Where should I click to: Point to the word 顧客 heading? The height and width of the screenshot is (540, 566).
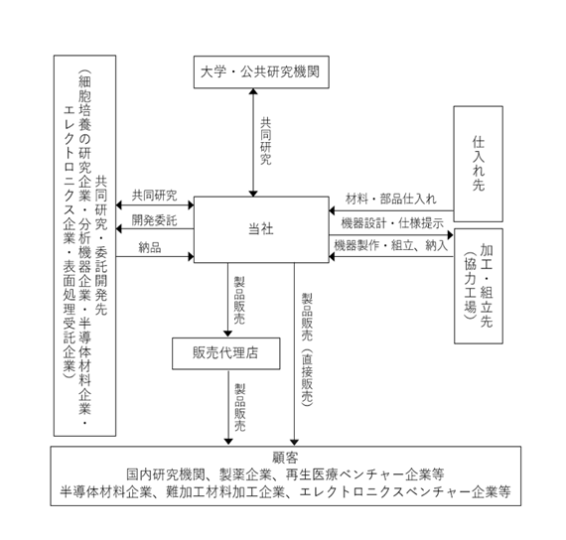pyautogui.click(x=285, y=458)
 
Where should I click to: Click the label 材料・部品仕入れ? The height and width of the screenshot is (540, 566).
pyautogui.click(x=391, y=199)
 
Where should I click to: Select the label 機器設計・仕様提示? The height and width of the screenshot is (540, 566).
pyautogui.click(x=392, y=223)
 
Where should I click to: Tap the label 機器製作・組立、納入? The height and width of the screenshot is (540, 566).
pyautogui.click(x=391, y=245)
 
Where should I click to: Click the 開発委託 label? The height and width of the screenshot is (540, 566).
pyautogui.click(x=154, y=220)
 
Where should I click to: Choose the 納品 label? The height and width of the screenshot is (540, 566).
pyautogui.click(x=150, y=247)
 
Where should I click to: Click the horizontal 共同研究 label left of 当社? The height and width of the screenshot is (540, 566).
pyautogui.click(x=154, y=196)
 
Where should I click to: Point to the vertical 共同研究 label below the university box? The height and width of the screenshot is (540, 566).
pyautogui.click(x=266, y=141)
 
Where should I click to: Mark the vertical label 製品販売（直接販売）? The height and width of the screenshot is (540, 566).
pyautogui.click(x=307, y=349)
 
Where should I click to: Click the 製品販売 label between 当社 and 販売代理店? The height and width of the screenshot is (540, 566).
pyautogui.click(x=239, y=301)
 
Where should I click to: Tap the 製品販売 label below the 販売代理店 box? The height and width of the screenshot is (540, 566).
pyautogui.click(x=240, y=408)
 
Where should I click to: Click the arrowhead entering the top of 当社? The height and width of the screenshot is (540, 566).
pyautogui.click(x=253, y=194)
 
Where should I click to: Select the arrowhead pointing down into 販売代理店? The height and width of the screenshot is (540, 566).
pyautogui.click(x=227, y=334)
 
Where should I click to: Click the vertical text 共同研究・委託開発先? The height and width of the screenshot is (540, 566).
pyautogui.click(x=101, y=245)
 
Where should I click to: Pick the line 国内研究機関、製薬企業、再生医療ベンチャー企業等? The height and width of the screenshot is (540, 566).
pyautogui.click(x=285, y=474)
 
